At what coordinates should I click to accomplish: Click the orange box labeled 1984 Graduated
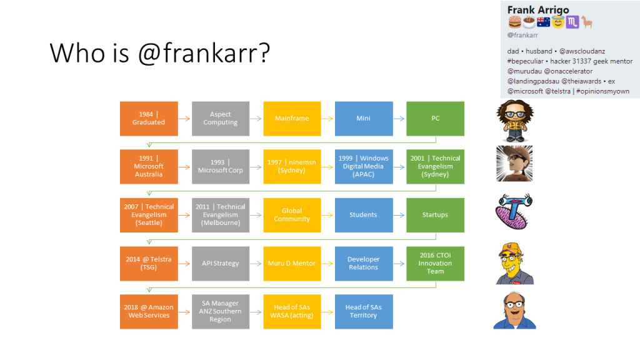149,118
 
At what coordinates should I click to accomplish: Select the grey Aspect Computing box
221,118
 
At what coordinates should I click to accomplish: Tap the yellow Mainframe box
292,118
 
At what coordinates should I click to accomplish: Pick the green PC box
435,118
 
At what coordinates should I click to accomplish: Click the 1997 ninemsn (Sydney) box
292,166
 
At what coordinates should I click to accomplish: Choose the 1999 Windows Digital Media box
364,166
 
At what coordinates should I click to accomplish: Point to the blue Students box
364,215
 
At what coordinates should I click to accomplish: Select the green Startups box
435,215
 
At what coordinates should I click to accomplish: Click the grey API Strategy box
221,264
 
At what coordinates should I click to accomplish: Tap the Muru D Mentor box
292,264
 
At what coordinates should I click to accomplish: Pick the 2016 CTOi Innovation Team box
435,264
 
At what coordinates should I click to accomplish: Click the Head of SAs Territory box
364,312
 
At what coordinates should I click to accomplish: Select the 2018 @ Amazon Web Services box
149,312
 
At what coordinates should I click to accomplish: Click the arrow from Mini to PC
399,119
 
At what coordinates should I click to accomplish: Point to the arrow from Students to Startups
399,215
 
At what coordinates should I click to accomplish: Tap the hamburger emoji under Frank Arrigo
514,22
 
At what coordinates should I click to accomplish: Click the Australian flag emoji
543,22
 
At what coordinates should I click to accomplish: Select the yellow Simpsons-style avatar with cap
515,264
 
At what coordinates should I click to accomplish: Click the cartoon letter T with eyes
514,211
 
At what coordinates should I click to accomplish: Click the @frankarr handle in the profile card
522,35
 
